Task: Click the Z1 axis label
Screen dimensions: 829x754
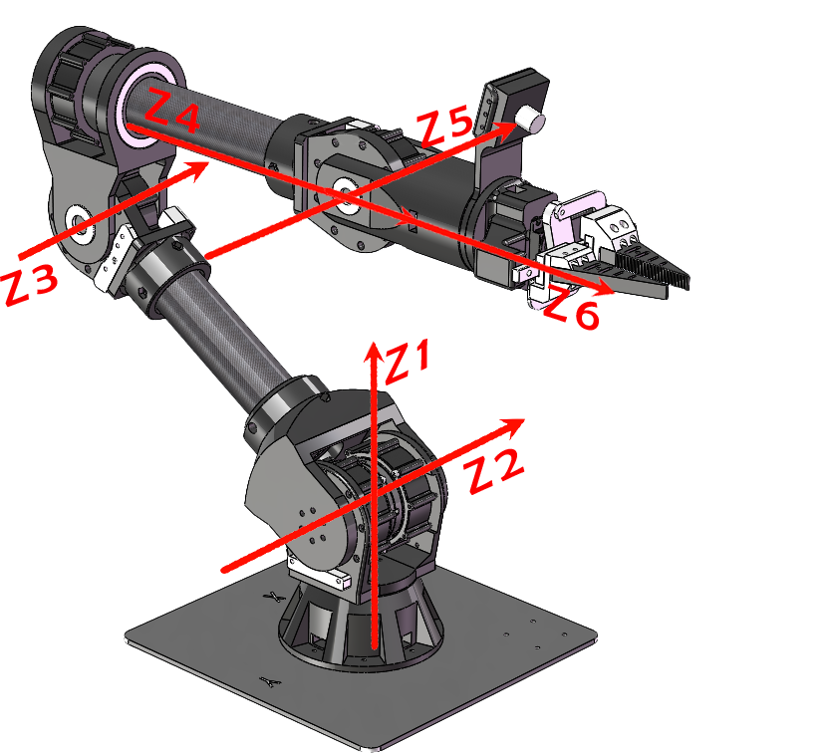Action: pos(409,362)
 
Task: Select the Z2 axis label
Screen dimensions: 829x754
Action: pos(495,470)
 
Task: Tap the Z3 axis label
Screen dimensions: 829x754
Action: pos(30,284)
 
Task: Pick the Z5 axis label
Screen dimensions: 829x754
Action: pos(444,126)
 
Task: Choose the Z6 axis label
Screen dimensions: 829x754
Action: pos(572,308)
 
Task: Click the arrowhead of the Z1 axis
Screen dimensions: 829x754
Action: pos(374,353)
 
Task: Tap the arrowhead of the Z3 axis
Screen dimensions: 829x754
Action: pos(196,169)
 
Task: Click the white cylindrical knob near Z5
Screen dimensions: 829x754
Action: pos(530,119)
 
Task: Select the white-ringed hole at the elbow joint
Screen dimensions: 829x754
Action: pos(81,224)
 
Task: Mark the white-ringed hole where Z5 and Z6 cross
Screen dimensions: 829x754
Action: pos(345,195)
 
